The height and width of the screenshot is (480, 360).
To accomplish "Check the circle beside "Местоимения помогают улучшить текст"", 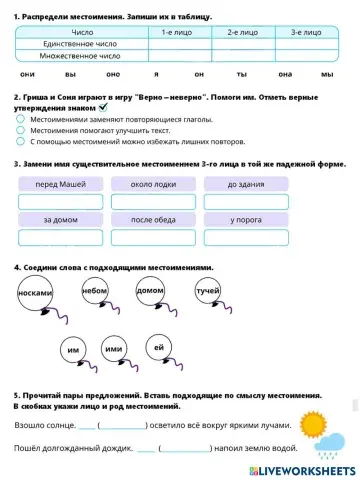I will coord(21,130).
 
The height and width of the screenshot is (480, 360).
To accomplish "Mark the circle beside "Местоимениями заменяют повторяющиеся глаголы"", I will coord(21,119).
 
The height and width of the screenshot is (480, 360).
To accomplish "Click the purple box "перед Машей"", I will coord(60,184).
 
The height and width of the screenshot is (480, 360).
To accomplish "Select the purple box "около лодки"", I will coord(153,184).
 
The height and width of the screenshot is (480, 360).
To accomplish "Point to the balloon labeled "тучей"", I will coord(208,291).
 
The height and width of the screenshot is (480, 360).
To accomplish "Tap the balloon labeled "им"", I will coord(72,351).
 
